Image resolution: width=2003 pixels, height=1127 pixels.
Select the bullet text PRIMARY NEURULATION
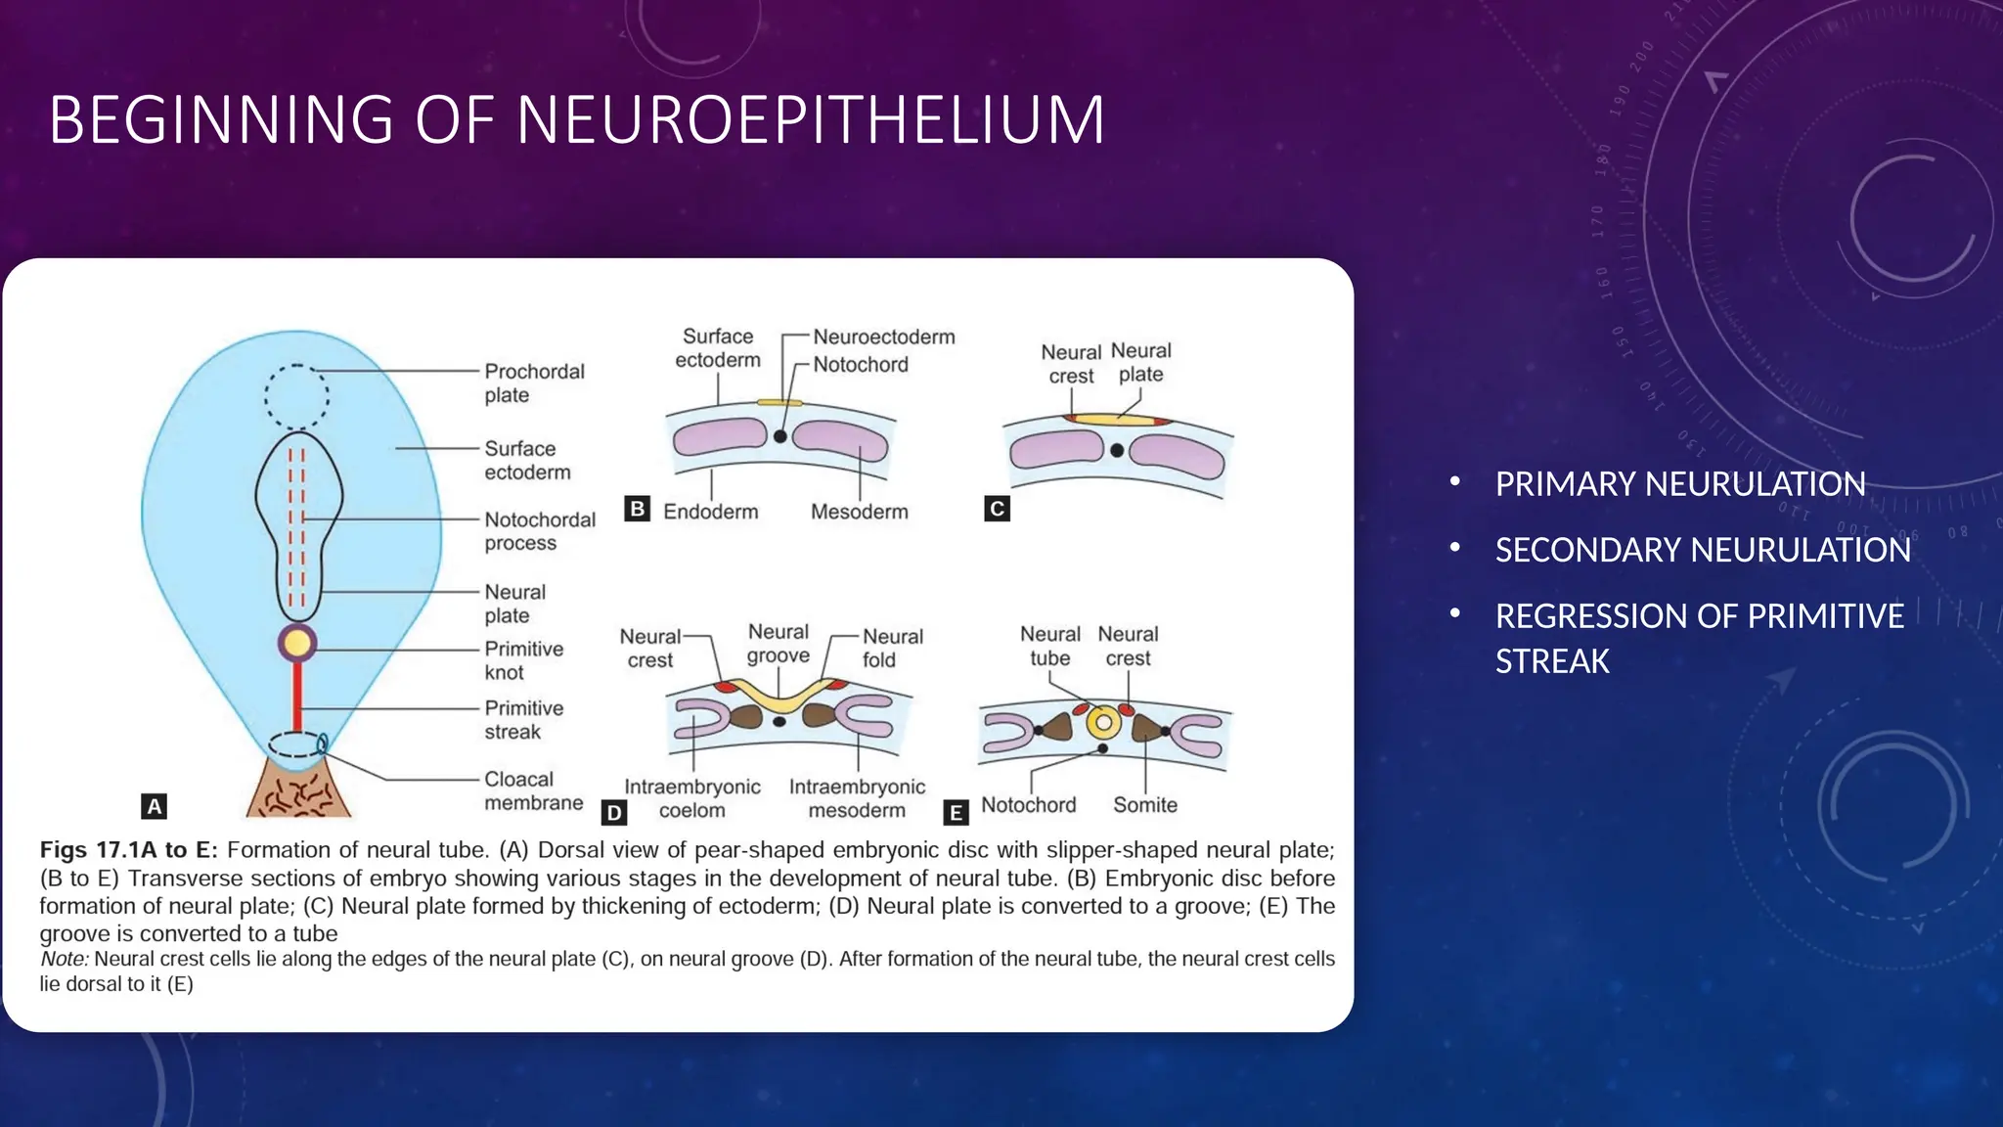tap(1679, 484)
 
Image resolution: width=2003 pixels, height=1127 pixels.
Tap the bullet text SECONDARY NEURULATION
tap(1702, 550)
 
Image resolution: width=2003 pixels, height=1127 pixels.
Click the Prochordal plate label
tap(533, 383)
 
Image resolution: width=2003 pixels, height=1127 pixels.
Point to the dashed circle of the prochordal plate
tap(296, 396)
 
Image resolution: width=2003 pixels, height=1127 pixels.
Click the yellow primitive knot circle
tap(297, 643)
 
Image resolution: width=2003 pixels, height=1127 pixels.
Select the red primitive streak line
tap(296, 697)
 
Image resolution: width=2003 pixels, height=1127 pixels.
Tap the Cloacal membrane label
tap(532, 790)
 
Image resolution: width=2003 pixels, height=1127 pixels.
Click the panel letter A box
tap(154, 806)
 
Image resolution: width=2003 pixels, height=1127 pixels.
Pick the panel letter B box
tap(637, 509)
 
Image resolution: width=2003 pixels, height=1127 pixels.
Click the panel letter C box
tap(997, 509)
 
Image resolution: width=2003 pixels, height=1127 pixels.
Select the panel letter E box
tap(956, 812)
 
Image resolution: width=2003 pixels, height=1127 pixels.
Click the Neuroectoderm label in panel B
tap(883, 338)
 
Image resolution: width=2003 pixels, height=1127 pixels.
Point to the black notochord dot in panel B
tap(779, 436)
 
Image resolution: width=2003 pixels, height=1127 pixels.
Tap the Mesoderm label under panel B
tap(859, 512)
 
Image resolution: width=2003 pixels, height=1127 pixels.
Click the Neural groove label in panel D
tap(779, 644)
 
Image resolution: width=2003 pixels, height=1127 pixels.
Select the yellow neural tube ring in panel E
tap(1103, 723)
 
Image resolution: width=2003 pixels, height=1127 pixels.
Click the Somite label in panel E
tap(1144, 805)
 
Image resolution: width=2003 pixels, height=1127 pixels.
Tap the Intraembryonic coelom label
tap(691, 798)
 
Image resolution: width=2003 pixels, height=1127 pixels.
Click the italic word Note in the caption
tap(64, 960)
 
